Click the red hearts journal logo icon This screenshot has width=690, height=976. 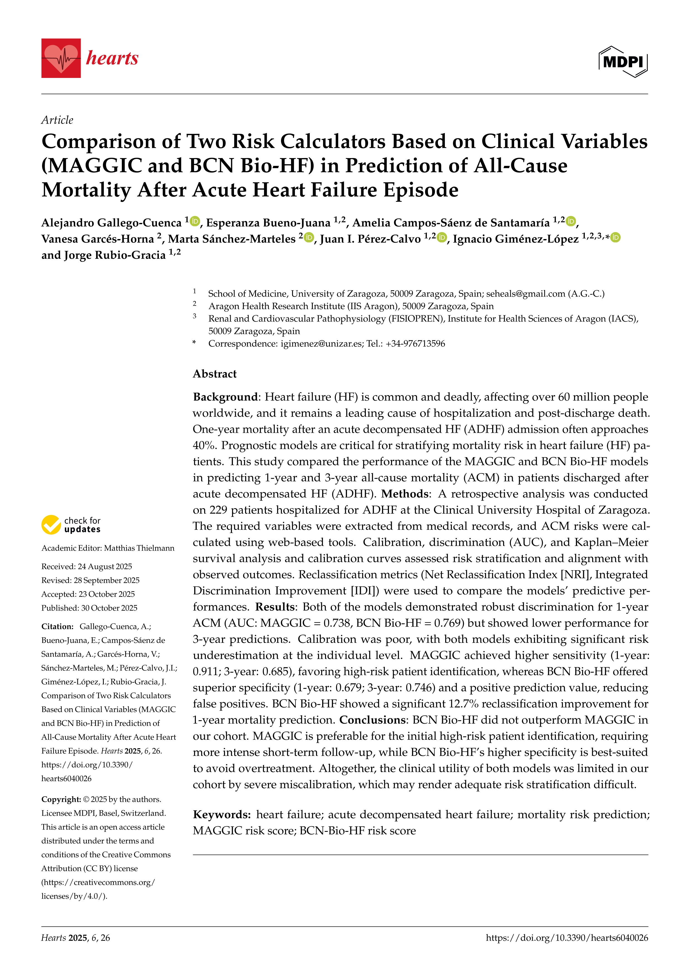pos(61,58)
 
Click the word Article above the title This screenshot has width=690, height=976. pos(57,120)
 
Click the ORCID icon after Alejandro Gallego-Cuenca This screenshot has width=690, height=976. pos(195,221)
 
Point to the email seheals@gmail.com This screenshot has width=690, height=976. pos(526,294)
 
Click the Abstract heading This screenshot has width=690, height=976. pos(215,374)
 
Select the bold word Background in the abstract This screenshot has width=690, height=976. pos(225,397)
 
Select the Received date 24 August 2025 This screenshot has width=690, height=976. pos(105,567)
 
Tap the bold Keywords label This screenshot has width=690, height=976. pos(222,815)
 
